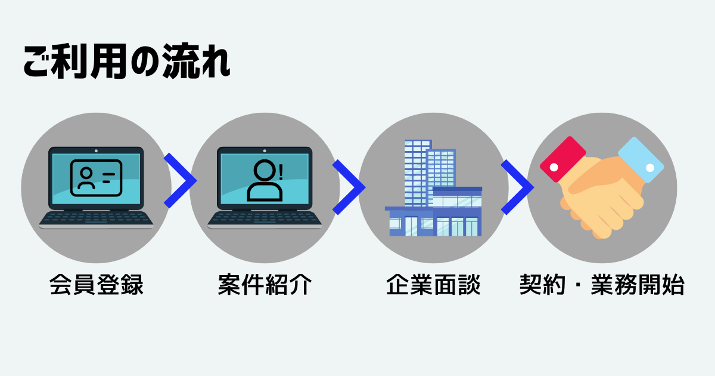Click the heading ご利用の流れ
(x=127, y=61)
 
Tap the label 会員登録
(x=97, y=284)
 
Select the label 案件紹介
(x=265, y=284)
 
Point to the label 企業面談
(x=433, y=284)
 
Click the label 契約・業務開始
(x=602, y=284)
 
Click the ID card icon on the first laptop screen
(x=96, y=178)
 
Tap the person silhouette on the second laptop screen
(x=265, y=180)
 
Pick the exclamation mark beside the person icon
(x=281, y=172)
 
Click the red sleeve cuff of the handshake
(x=562, y=159)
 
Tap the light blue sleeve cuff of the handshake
(x=641, y=159)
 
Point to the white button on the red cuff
(x=554, y=167)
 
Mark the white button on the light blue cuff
(x=650, y=168)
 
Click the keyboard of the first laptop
(x=96, y=218)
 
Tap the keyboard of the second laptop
(x=265, y=218)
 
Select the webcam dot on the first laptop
(x=96, y=151)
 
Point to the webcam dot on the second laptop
(x=265, y=151)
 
